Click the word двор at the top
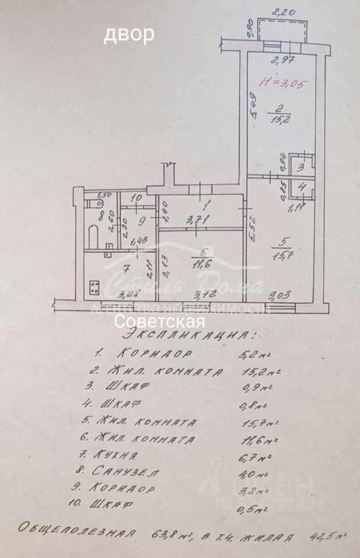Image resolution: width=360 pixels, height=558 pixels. [x=129, y=34]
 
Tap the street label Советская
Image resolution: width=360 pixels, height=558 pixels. [x=159, y=321]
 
